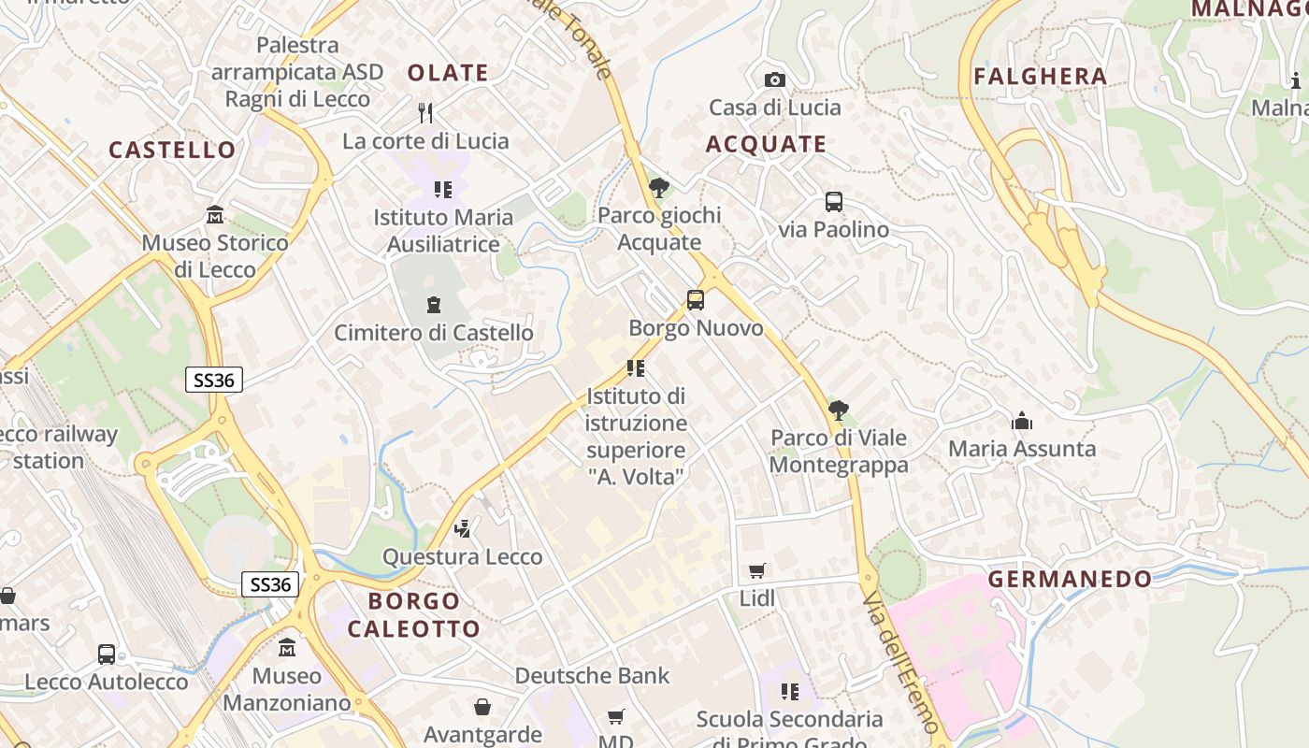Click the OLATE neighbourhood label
pyautogui.click(x=448, y=73)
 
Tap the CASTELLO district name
pyautogui.click(x=172, y=150)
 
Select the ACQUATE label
pyautogui.click(x=766, y=144)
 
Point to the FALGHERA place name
pyautogui.click(x=1040, y=77)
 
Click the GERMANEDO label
pyautogui.click(x=1070, y=579)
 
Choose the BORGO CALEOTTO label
pyautogui.click(x=413, y=614)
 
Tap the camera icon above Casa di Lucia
pyautogui.click(x=774, y=80)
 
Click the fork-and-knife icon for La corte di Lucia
pyautogui.click(x=425, y=113)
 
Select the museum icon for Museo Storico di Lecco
pyautogui.click(x=215, y=215)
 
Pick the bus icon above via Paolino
pyautogui.click(x=833, y=202)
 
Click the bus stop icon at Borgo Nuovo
pyautogui.click(x=696, y=300)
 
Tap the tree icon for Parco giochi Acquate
pyautogui.click(x=659, y=188)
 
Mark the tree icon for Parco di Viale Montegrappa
pyautogui.click(x=839, y=410)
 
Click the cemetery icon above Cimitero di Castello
pyautogui.click(x=434, y=305)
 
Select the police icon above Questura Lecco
pyautogui.click(x=462, y=529)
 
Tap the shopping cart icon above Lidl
pyautogui.click(x=757, y=570)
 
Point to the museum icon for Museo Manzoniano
pyautogui.click(x=287, y=647)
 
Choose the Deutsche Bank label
pyautogui.click(x=592, y=675)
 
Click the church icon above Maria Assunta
pyautogui.click(x=1021, y=422)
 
